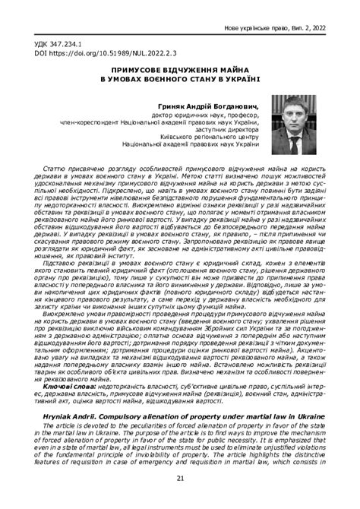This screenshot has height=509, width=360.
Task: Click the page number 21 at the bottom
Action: (x=180, y=477)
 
